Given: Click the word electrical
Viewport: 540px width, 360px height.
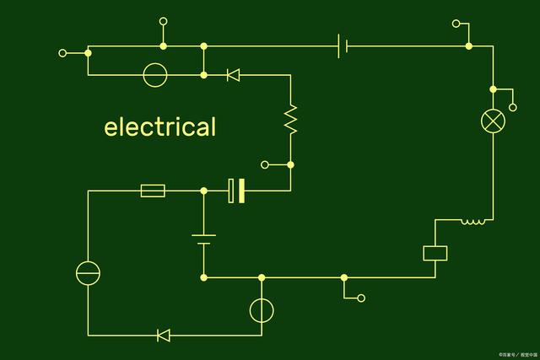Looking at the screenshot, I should click(160, 127).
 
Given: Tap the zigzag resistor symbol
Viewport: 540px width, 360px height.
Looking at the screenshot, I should click(291, 120).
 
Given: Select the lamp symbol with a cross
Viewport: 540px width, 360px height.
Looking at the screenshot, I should click(492, 121).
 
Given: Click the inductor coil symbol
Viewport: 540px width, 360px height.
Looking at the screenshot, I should click(473, 222).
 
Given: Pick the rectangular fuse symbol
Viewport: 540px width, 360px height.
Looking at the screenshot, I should click(153, 191).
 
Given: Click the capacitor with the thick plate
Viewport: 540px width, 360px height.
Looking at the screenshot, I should click(236, 191).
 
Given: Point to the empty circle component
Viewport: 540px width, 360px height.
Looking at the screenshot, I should click(154, 75).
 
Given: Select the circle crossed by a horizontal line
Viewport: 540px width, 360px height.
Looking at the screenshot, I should click(88, 273).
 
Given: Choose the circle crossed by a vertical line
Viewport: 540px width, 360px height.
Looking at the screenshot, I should click(262, 310).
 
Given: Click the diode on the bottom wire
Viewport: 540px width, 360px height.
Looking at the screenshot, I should click(164, 336).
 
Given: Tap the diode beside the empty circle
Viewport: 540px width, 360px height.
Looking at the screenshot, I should click(233, 76).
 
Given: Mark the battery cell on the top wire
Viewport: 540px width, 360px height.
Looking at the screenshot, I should click(343, 46).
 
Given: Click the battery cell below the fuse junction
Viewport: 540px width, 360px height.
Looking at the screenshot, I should click(203, 239).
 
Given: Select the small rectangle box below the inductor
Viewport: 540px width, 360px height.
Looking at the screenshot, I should click(435, 253).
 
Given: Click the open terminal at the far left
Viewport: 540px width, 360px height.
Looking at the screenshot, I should click(62, 53).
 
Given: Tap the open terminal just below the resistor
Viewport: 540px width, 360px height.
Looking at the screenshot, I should click(264, 164).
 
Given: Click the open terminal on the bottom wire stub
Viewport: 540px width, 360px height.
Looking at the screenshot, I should click(362, 298).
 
